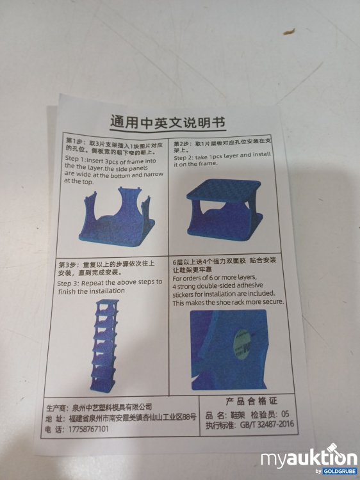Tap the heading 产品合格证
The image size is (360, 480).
coord(250,401)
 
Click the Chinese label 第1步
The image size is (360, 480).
coord(76,140)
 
